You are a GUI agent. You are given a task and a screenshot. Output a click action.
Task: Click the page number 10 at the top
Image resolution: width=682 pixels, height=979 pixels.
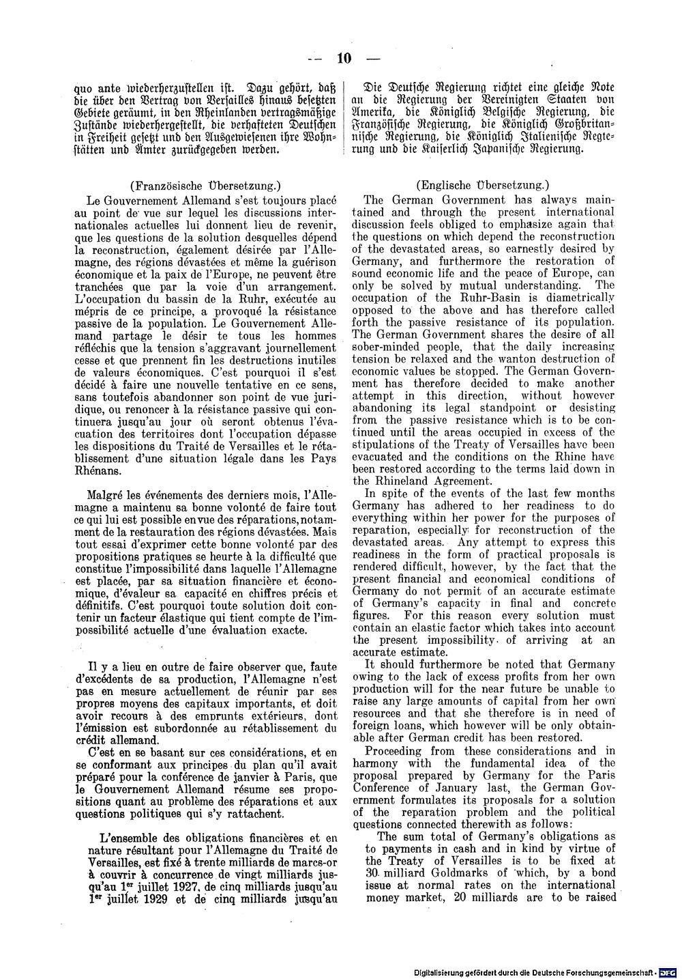[x=342, y=58]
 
